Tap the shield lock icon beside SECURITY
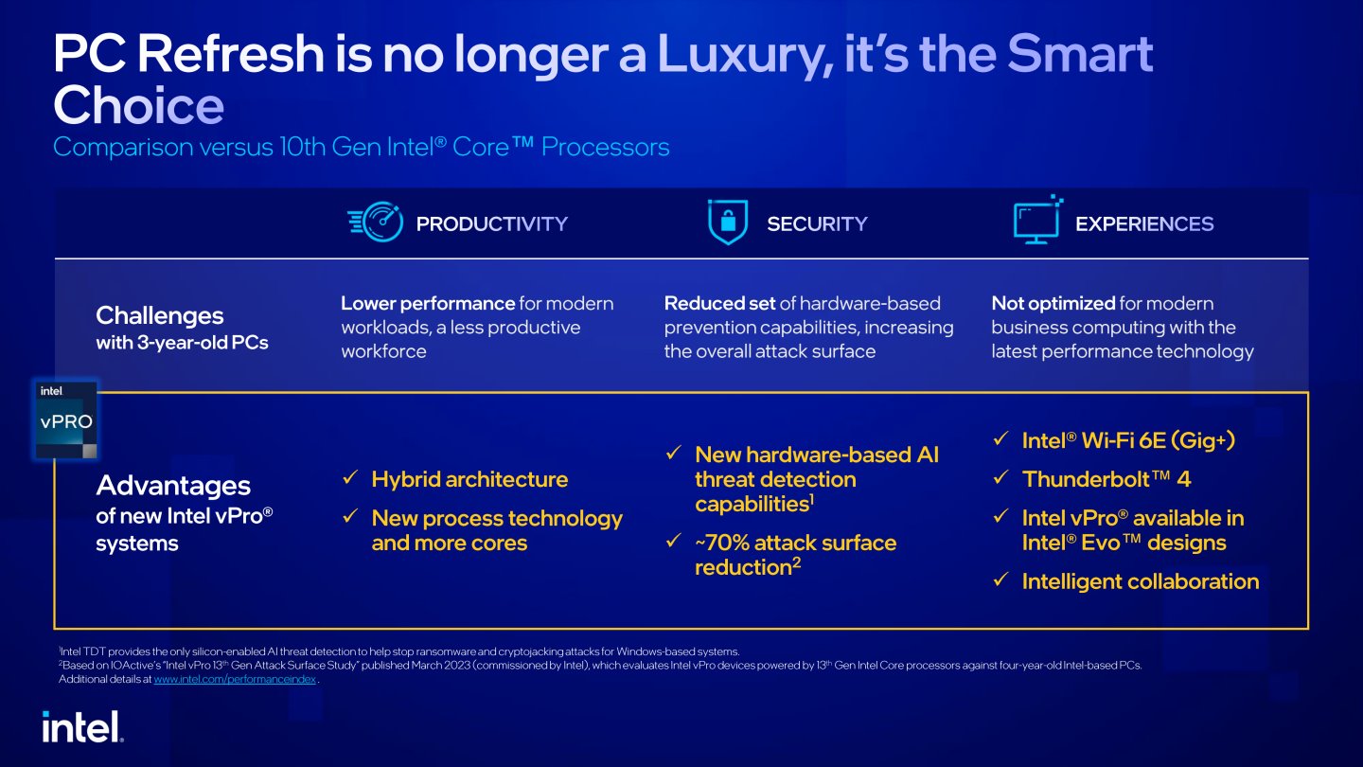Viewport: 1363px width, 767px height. [x=728, y=222]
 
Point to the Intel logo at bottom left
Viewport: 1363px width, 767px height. [x=82, y=726]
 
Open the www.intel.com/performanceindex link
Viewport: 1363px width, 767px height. [x=235, y=679]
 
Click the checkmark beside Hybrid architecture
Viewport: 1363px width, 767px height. [x=350, y=477]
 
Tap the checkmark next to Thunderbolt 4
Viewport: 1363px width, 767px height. [x=1001, y=477]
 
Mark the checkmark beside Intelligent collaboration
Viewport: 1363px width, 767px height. [x=1001, y=580]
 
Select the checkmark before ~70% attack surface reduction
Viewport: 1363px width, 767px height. [x=674, y=541]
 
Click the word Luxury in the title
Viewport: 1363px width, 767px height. [x=745, y=56]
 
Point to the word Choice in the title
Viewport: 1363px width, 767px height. [x=139, y=105]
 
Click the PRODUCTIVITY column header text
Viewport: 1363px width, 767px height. [x=491, y=224]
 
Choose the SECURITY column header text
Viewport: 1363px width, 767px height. [x=817, y=224]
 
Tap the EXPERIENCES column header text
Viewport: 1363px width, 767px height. [x=1144, y=224]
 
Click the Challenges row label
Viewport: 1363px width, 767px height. [x=160, y=316]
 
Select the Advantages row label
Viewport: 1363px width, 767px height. [x=173, y=486]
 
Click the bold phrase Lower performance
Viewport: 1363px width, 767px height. [x=428, y=303]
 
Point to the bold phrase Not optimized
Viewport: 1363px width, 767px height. [x=1053, y=303]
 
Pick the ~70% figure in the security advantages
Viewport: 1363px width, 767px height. [x=721, y=543]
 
